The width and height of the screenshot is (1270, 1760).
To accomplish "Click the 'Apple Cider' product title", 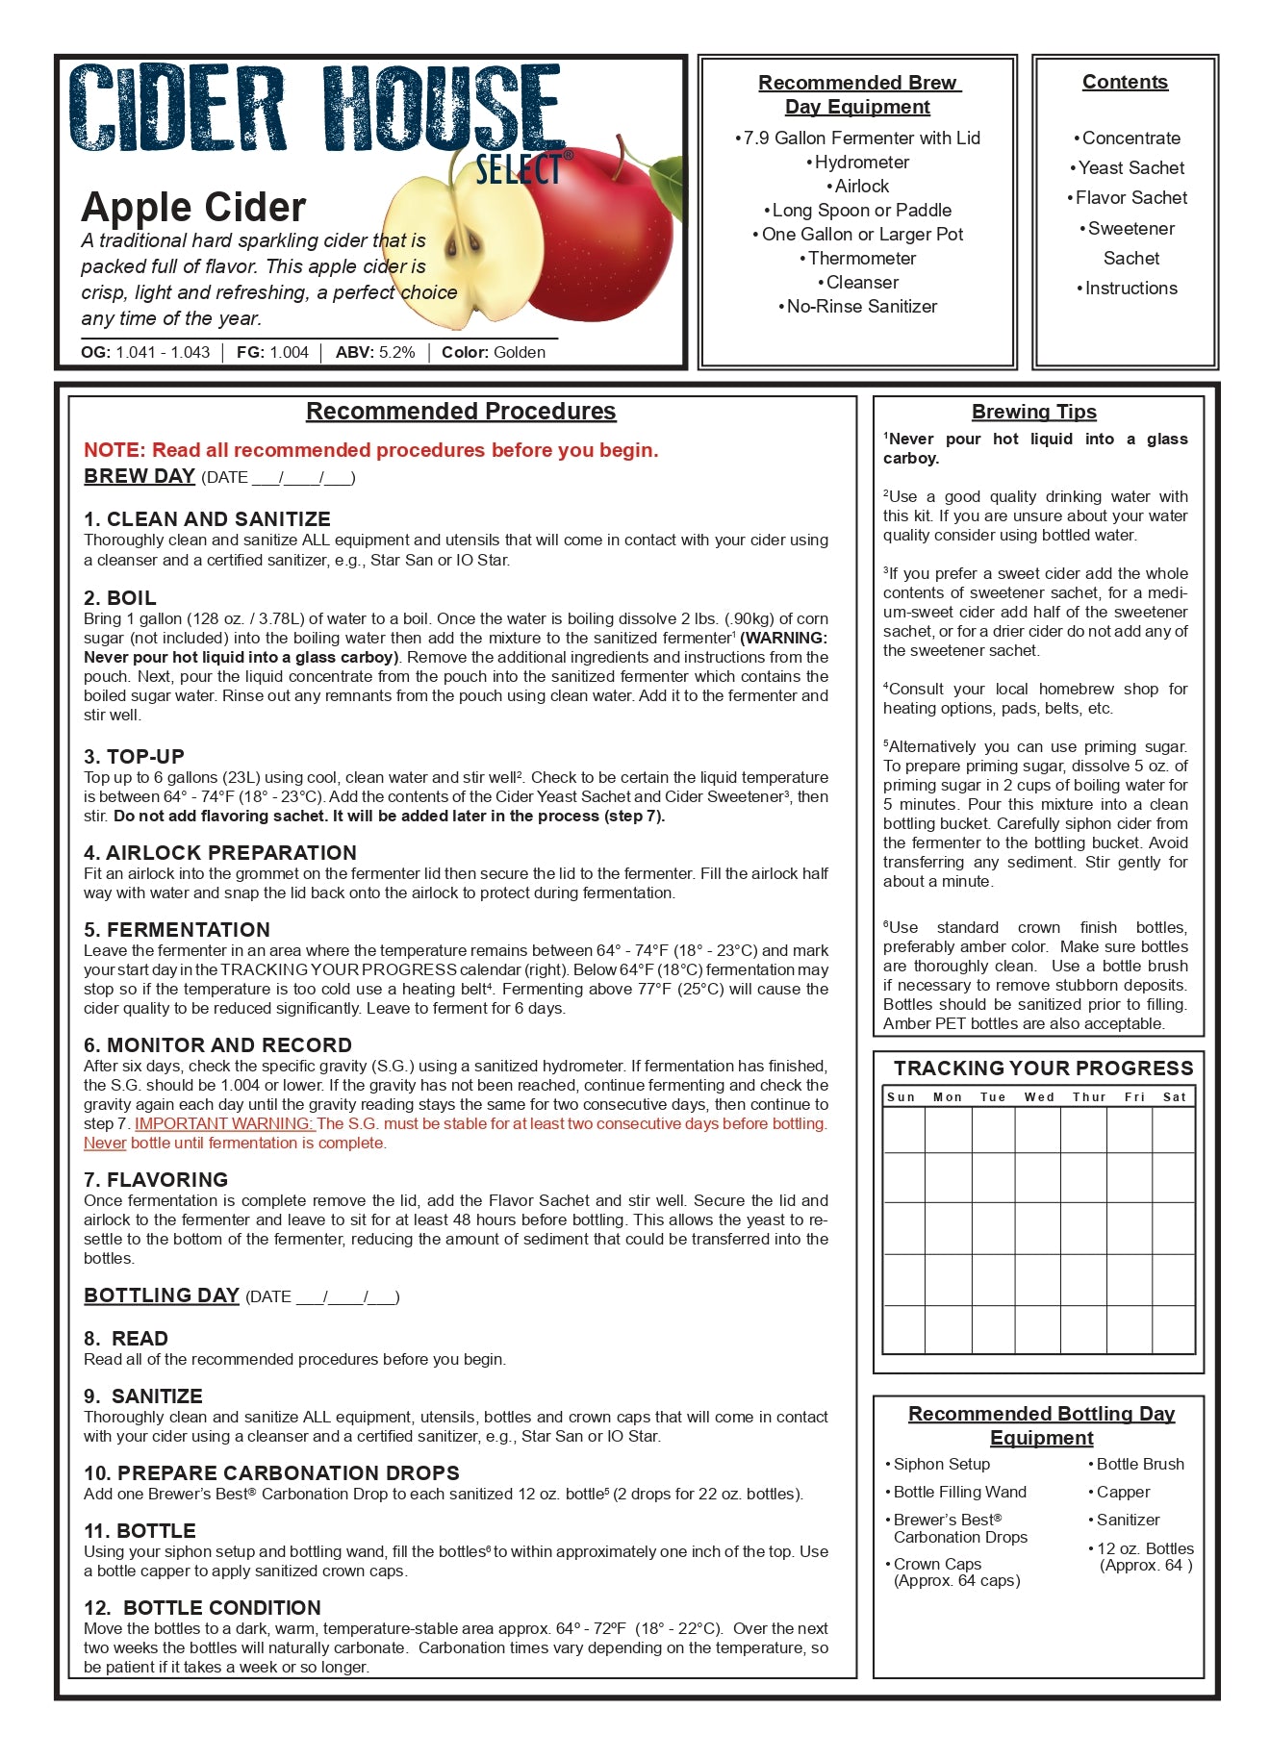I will [193, 208].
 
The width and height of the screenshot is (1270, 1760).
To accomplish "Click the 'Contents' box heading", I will [1125, 83].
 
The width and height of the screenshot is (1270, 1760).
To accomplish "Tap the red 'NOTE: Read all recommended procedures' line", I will [370, 450].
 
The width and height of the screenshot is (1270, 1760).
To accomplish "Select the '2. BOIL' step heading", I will [120, 597].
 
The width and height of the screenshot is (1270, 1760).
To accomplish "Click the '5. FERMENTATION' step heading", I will [177, 929].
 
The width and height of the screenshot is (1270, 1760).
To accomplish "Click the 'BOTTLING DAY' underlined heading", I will [162, 1295].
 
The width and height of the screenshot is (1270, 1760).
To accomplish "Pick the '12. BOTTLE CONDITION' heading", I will [202, 1607].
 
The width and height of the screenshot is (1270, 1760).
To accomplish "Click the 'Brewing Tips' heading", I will [1033, 412].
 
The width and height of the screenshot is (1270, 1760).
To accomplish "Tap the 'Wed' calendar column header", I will [1039, 1097].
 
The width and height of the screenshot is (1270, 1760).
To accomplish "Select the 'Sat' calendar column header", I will [1174, 1097].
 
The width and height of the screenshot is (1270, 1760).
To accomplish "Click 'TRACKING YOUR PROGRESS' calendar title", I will [1043, 1069].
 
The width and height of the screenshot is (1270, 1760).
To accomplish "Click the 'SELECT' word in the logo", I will [518, 170].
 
